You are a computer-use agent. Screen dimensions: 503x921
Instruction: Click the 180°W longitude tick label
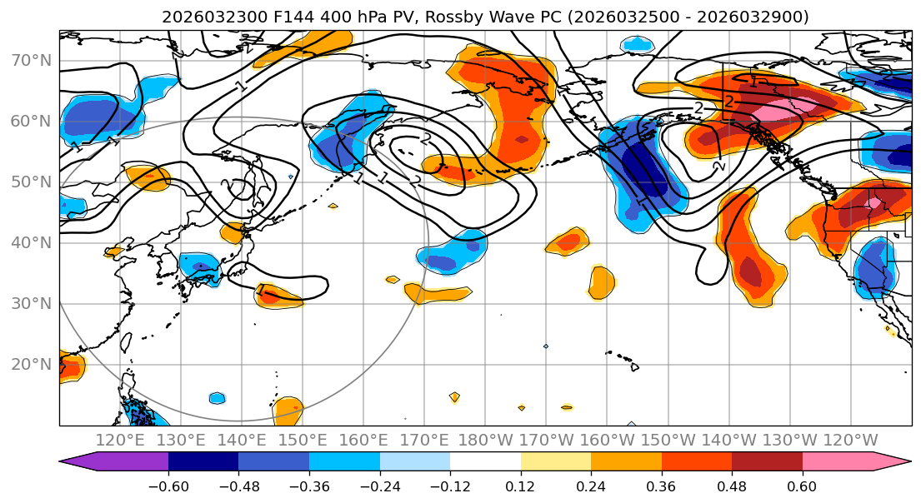pos(486,440)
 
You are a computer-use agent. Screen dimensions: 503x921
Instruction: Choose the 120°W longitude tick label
pos(850,440)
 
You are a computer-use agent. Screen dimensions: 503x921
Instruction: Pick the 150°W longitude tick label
pos(668,440)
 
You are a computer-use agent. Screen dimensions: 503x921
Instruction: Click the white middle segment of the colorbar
pos(485,463)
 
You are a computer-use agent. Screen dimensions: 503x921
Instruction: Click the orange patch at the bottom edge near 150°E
pos(288,410)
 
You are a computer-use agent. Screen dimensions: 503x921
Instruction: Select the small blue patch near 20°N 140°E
pos(217,398)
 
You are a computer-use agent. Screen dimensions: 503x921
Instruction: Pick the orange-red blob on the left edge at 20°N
pos(70,366)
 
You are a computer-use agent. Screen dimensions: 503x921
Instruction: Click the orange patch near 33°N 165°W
pos(600,283)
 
